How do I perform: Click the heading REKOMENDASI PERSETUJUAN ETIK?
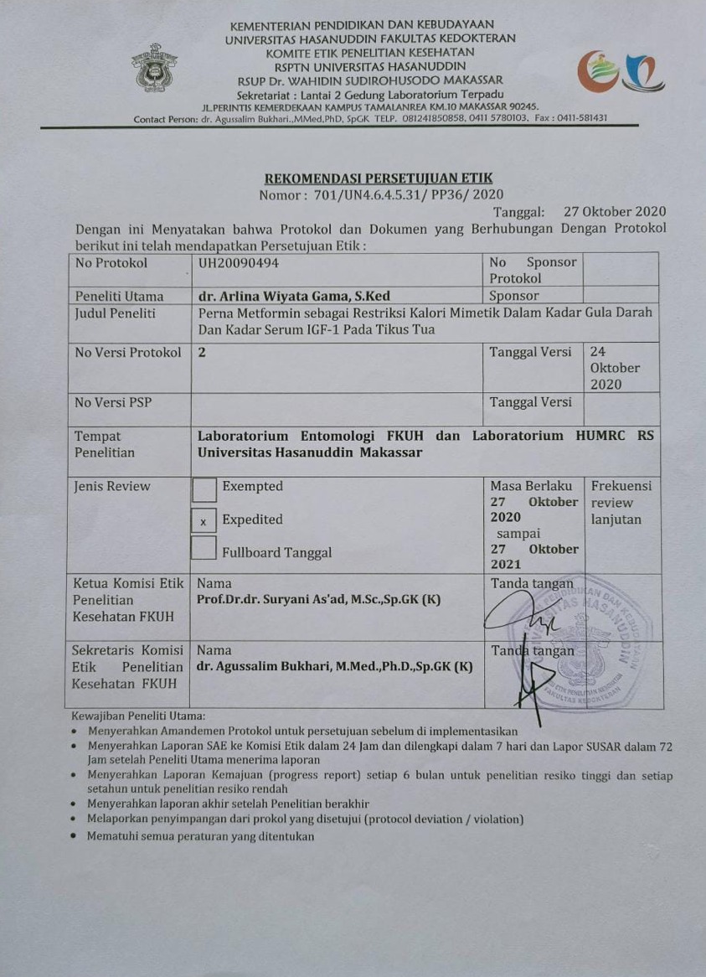379,178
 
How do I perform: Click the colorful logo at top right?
621,72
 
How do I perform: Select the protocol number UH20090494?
239,262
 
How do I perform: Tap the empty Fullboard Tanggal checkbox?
204,550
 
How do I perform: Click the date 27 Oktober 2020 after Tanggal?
615,211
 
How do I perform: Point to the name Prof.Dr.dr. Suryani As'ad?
317,600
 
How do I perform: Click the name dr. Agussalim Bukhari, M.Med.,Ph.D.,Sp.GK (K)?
334,667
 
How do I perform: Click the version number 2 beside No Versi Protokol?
202,353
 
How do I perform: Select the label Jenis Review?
112,486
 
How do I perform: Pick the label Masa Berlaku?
531,486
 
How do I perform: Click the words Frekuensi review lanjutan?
621,503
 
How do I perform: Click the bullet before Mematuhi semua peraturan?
76,836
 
